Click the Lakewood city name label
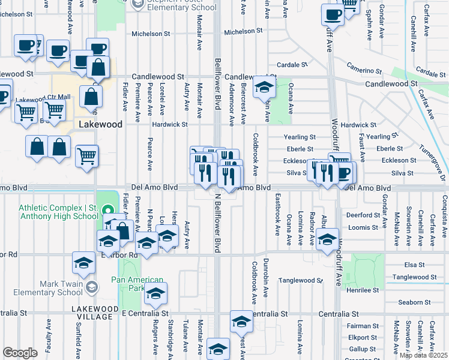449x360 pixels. click(101, 124)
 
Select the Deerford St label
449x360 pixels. click(360, 214)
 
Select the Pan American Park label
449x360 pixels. click(137, 284)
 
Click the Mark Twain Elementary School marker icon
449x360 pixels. click(91, 286)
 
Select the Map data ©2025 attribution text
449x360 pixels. click(423, 356)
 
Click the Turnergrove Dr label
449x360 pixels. click(433, 161)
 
